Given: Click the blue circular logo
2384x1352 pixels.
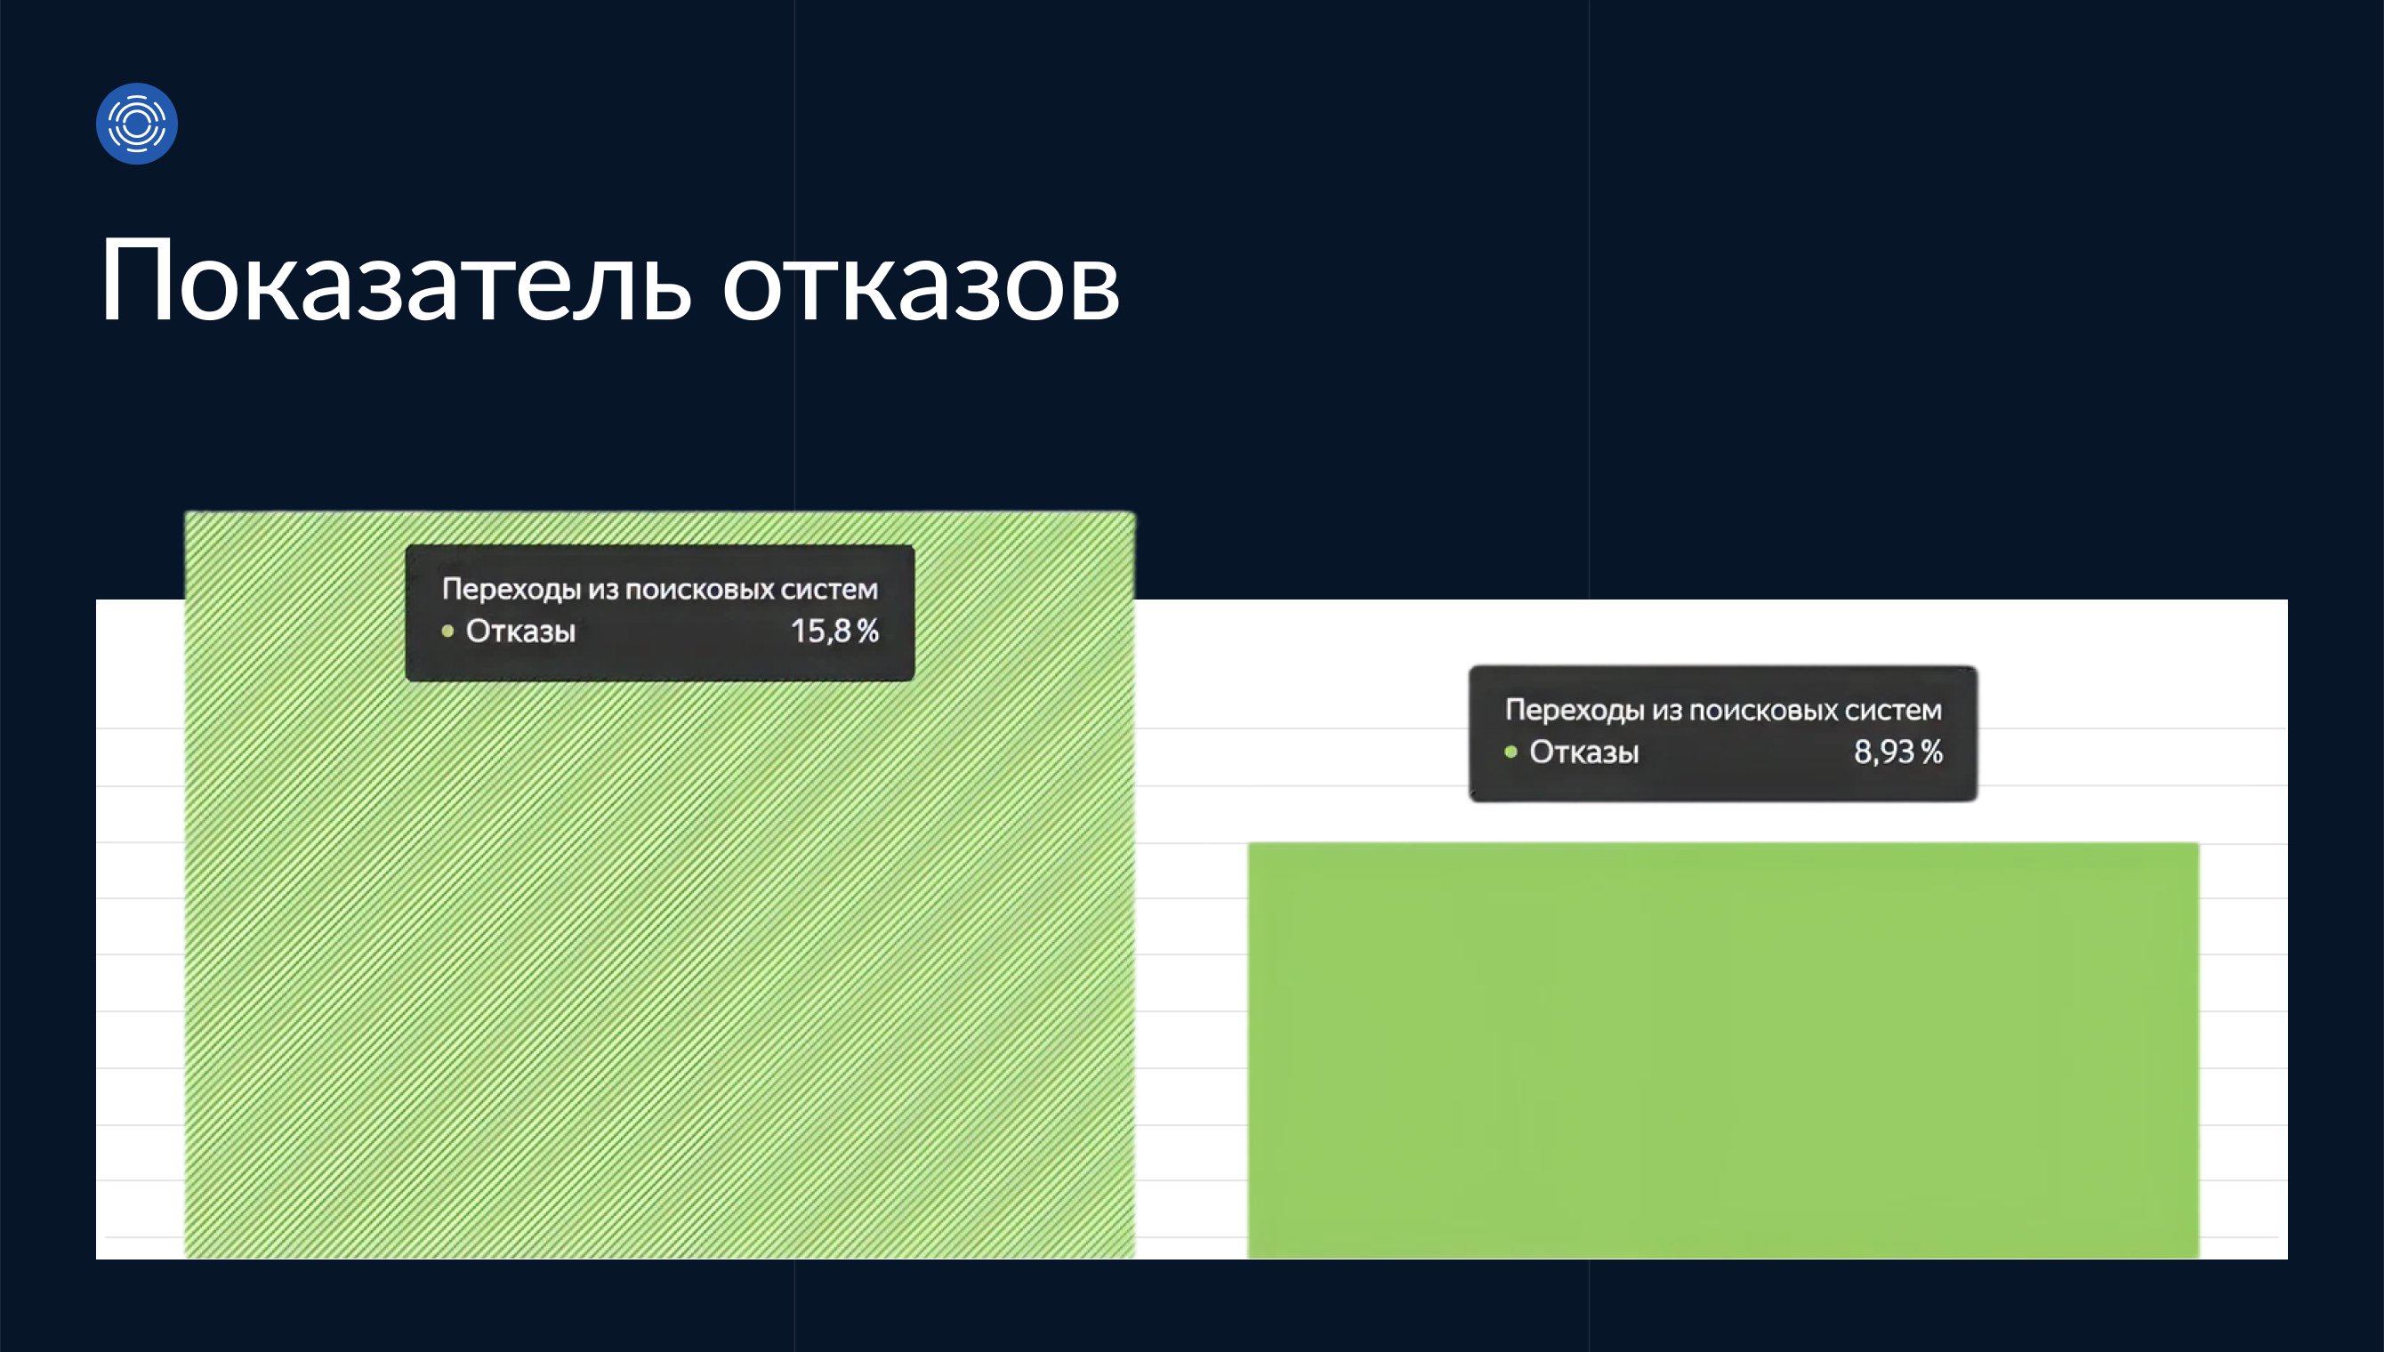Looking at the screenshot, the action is [136, 124].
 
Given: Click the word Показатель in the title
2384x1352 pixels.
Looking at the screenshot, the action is [396, 279].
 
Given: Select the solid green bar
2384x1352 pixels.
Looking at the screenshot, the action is [1723, 1050].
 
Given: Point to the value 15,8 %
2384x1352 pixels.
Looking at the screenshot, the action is [834, 632].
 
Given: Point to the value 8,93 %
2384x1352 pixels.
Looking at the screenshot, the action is [1897, 752].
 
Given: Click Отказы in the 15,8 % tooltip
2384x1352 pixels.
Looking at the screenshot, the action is [520, 632].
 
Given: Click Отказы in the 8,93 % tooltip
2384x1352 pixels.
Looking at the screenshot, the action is [1584, 752].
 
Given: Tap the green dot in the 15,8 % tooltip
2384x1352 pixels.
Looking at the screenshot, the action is [447, 632].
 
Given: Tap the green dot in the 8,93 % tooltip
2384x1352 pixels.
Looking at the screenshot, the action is [1511, 752].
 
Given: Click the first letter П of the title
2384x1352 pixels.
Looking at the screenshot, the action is [133, 279].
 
